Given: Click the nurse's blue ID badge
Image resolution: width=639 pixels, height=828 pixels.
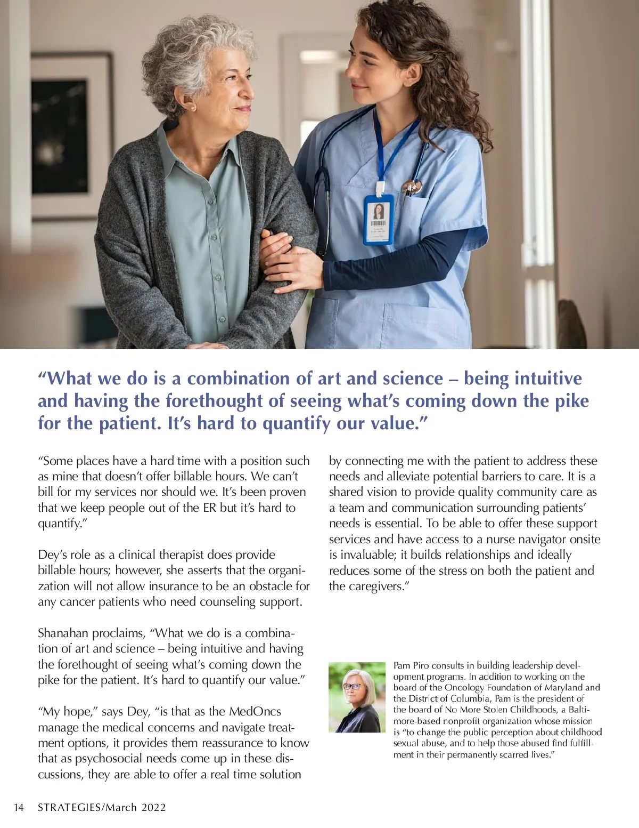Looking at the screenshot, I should [379, 220].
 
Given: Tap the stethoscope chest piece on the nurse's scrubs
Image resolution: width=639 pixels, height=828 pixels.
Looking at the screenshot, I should [412, 187].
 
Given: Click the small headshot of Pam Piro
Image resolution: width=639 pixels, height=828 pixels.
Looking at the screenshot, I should [357, 697].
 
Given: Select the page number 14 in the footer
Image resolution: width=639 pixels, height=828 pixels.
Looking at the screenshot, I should [19, 808].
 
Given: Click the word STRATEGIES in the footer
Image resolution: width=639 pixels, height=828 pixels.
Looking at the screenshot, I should [69, 808].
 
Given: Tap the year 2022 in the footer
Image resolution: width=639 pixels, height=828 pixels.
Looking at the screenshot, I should [154, 808].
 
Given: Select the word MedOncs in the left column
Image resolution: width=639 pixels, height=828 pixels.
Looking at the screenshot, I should [255, 712].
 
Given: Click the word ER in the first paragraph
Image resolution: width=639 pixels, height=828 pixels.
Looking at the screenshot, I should [209, 508].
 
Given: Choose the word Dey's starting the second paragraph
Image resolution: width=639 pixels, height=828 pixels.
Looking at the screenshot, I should [52, 555].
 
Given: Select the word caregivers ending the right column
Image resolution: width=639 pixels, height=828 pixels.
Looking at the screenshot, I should [376, 586].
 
